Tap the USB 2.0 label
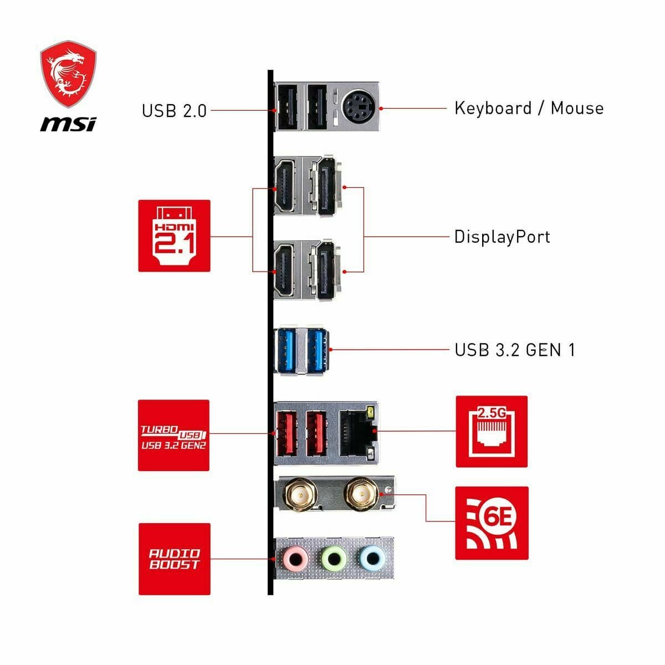click(x=174, y=110)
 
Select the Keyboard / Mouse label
click(x=529, y=108)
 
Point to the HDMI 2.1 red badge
click(x=174, y=236)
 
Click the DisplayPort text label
click(x=502, y=237)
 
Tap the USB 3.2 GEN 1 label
click(x=515, y=350)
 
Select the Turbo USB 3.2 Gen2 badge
click(x=173, y=436)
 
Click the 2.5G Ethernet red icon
click(x=492, y=432)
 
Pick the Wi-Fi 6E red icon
click(x=492, y=523)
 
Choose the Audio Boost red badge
click(x=174, y=559)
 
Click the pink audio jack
click(x=295, y=557)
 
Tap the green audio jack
click(x=333, y=557)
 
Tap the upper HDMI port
click(x=285, y=186)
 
